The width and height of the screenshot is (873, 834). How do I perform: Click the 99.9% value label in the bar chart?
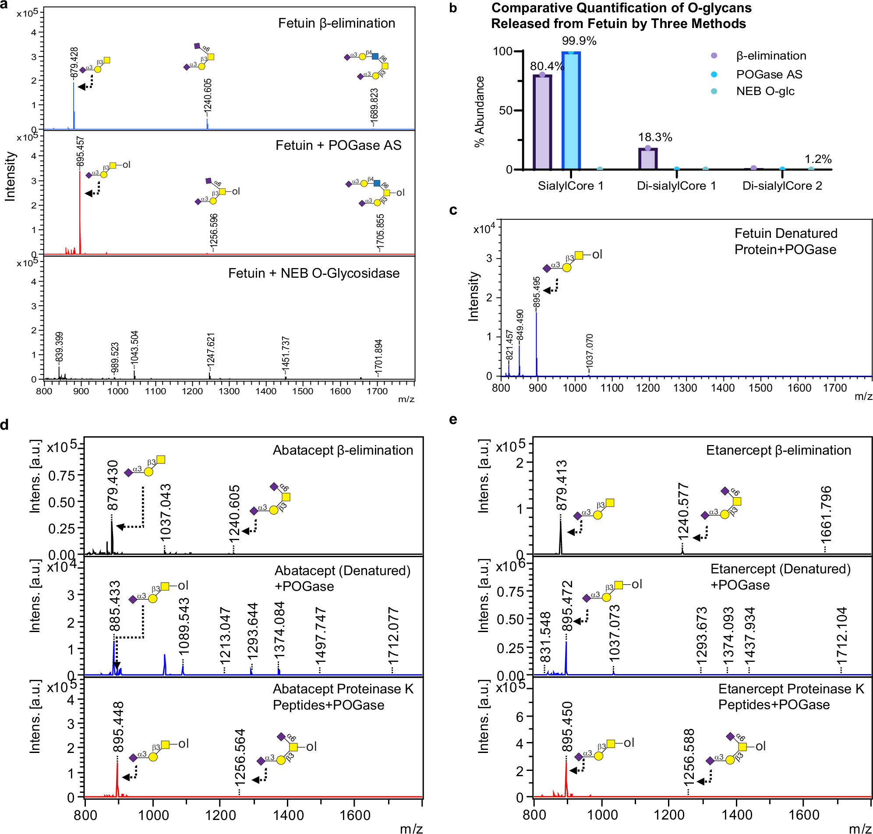pyautogui.click(x=579, y=41)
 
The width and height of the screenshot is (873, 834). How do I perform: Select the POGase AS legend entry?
pyautogui.click(x=769, y=74)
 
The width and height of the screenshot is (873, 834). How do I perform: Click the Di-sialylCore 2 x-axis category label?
pyautogui.click(x=782, y=186)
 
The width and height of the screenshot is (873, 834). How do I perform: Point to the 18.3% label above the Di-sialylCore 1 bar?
pyautogui.click(x=655, y=137)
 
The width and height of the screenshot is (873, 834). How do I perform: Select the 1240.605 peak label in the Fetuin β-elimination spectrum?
pyautogui.click(x=208, y=95)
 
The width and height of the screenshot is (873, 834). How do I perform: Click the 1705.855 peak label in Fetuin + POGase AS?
pyautogui.click(x=380, y=232)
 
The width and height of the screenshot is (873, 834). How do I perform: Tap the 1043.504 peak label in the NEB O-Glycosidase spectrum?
pyautogui.click(x=134, y=348)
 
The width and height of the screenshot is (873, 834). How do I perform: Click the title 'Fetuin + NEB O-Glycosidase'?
pyautogui.click(x=314, y=273)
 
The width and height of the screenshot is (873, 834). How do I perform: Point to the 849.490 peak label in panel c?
pyautogui.click(x=520, y=325)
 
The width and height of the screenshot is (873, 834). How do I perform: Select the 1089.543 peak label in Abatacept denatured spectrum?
pyautogui.click(x=184, y=626)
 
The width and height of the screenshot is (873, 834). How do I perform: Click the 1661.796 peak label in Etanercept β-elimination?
pyautogui.click(x=825, y=514)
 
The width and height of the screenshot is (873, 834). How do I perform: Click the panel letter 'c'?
pyautogui.click(x=453, y=210)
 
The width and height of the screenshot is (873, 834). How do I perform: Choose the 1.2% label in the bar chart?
pyautogui.click(x=817, y=159)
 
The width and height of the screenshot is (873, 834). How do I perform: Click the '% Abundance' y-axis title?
pyautogui.click(x=479, y=111)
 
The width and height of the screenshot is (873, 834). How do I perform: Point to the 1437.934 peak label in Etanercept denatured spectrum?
pyautogui.click(x=749, y=635)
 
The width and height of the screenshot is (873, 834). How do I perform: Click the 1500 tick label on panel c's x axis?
pyautogui.click(x=760, y=388)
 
